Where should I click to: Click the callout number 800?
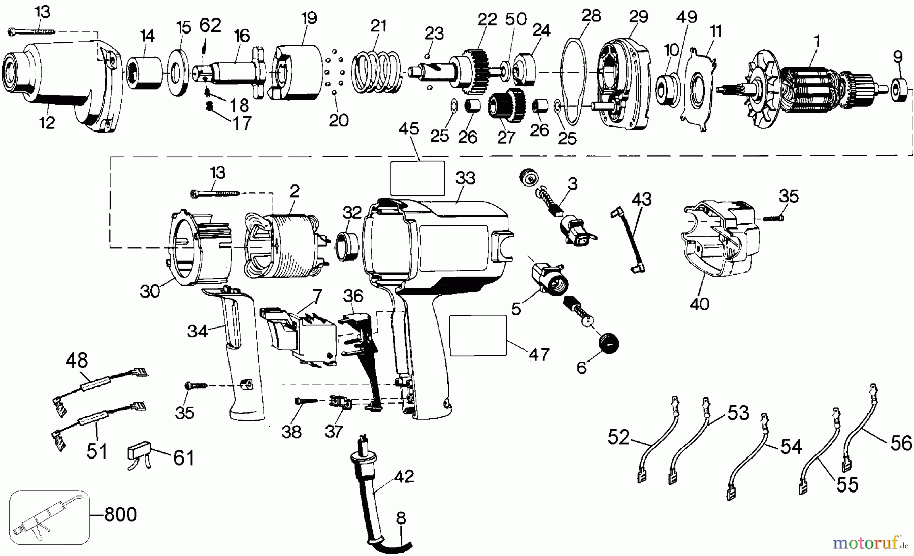click(120, 515)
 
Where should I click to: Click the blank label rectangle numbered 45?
click(417, 179)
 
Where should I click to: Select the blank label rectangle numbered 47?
click(478, 335)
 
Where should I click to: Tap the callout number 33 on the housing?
click(465, 178)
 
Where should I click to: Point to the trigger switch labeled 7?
click(300, 335)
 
